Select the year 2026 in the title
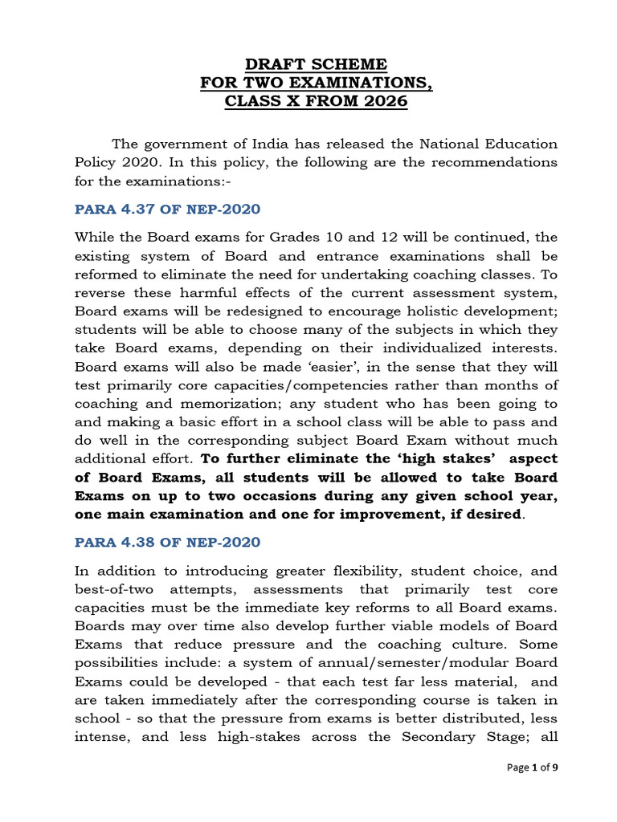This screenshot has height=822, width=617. tap(384, 102)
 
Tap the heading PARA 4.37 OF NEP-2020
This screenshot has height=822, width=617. tap(167, 210)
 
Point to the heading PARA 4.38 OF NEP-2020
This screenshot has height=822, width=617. tap(167, 542)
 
